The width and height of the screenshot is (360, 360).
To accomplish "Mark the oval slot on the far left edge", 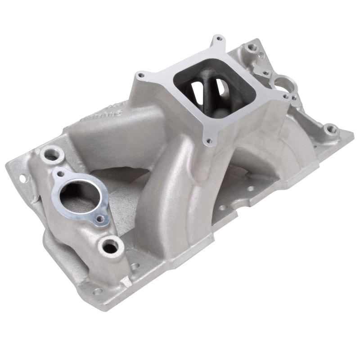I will pyautogui.click(x=20, y=178).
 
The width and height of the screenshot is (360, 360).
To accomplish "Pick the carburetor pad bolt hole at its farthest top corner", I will pyautogui.click(x=219, y=40).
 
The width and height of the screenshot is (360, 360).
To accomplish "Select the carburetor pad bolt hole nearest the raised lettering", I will pyautogui.click(x=141, y=75).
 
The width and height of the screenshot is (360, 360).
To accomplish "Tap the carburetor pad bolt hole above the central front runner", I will pyautogui.click(x=208, y=141).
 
